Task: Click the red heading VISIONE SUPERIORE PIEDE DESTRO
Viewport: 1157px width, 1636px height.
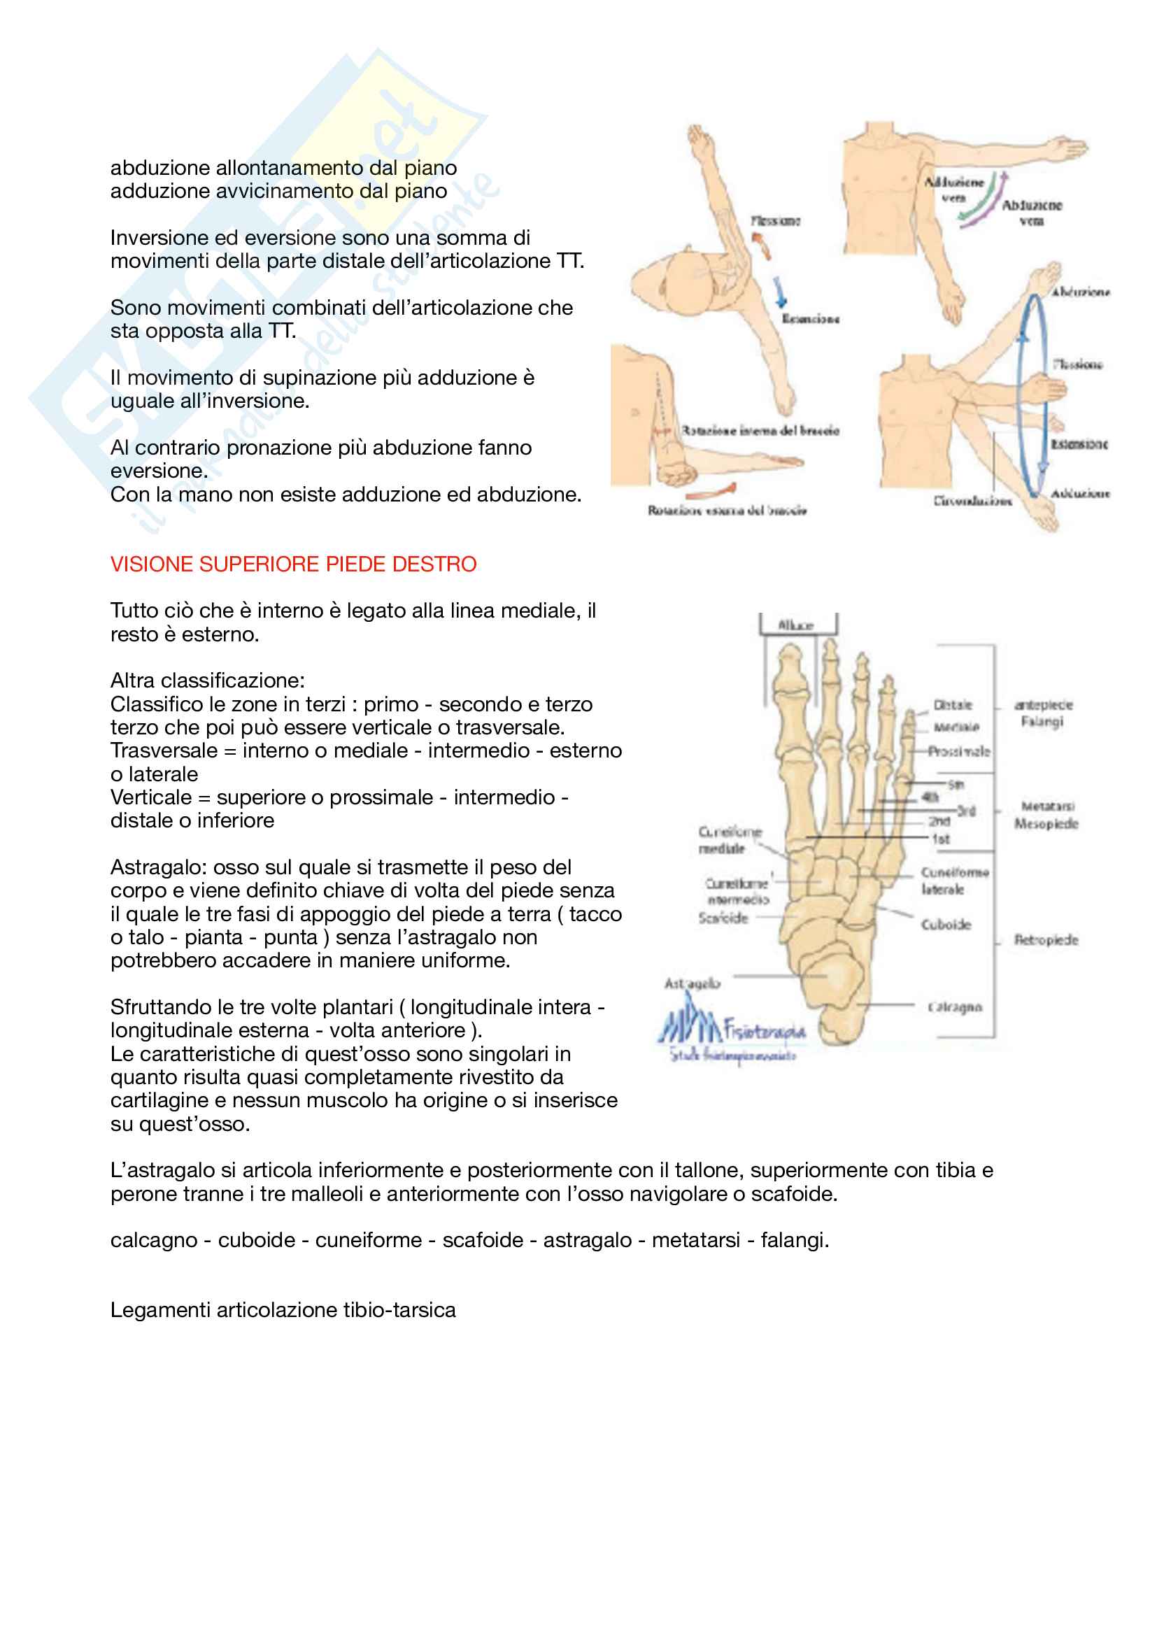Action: point(293,564)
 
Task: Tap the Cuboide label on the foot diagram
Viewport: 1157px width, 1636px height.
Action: point(946,924)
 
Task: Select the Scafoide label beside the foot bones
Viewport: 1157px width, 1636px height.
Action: point(723,918)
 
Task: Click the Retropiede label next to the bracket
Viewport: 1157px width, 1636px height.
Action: point(1046,940)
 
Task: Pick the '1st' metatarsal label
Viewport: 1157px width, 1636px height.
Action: point(941,839)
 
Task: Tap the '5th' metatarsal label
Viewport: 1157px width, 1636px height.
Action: point(956,785)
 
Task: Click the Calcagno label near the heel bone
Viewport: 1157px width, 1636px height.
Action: point(955,1007)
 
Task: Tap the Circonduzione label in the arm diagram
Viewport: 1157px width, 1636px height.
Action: point(972,501)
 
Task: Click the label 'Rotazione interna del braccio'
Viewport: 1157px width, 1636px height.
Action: point(760,430)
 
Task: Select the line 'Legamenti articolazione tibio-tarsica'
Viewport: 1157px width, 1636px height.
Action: point(283,1309)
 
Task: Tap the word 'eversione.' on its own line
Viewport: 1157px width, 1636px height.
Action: point(159,471)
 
